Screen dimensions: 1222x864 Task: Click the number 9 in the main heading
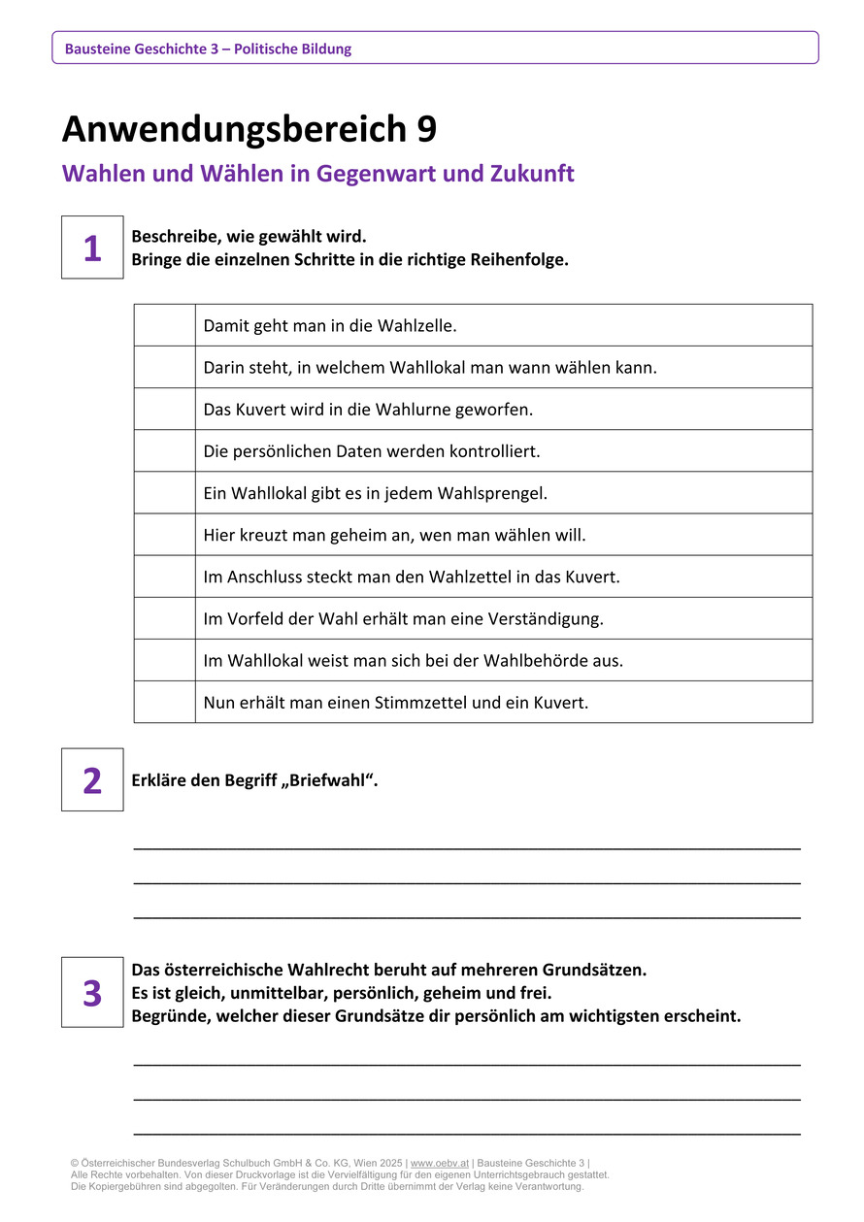click(425, 129)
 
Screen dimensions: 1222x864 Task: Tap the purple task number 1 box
click(92, 248)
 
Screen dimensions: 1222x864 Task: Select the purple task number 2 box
click(92, 779)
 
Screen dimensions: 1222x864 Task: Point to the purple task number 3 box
click(92, 992)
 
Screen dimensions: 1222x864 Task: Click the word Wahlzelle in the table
click(420, 325)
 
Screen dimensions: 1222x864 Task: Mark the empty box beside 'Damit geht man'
click(164, 325)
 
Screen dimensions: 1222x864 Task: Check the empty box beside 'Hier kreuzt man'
click(164, 535)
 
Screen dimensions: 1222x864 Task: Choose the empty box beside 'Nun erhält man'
click(164, 702)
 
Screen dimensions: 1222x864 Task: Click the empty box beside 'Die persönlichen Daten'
click(164, 451)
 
